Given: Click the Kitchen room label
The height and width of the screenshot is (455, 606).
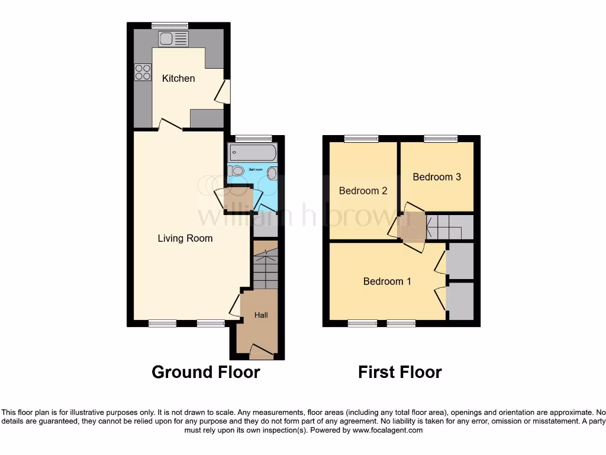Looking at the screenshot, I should [178, 78].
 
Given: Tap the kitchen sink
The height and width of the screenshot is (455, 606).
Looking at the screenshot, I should [173, 39].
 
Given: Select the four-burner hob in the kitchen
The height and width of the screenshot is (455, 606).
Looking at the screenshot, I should [143, 72].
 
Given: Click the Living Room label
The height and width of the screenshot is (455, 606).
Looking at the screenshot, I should [185, 238].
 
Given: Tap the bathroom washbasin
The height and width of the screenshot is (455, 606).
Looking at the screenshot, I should [272, 173].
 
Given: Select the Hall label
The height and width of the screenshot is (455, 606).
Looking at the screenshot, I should [261, 315].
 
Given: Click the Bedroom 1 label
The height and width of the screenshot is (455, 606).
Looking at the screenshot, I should [387, 281].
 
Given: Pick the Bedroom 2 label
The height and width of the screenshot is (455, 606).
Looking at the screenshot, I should [363, 191].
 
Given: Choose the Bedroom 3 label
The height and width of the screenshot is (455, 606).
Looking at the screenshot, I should [437, 177].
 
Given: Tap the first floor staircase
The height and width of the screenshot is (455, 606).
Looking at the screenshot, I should [449, 227].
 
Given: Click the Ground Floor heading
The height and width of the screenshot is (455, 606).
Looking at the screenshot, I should [205, 372].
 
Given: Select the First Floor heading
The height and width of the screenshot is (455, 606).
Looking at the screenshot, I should [399, 372].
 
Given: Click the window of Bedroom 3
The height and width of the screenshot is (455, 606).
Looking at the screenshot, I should [441, 139].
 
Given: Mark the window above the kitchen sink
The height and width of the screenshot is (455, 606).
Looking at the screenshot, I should [169, 25].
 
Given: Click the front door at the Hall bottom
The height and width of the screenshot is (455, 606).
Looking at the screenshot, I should [261, 353].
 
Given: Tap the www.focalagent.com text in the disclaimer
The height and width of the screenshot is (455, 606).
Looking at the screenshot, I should [388, 430].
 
